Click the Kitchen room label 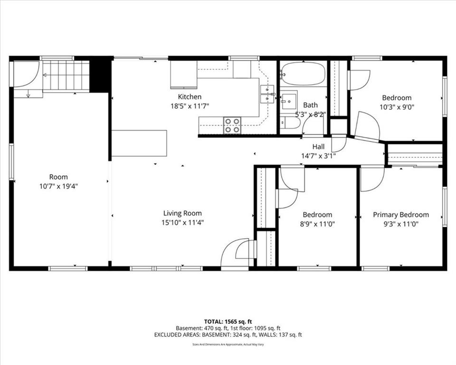pyautogui.click(x=190, y=96)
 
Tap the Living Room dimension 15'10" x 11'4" pyautogui.click(x=182, y=223)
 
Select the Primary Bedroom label pyautogui.click(x=401, y=215)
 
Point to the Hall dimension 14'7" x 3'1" pyautogui.click(x=318, y=156)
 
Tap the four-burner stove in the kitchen pyautogui.click(x=232, y=125)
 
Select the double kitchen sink pyautogui.click(x=267, y=94)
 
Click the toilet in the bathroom pyautogui.click(x=289, y=123)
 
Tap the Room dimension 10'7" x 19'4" pyautogui.click(x=58, y=186)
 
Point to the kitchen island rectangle pyautogui.click(x=139, y=143)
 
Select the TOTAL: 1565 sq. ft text pyautogui.click(x=228, y=322)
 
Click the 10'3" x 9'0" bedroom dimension pyautogui.click(x=397, y=107)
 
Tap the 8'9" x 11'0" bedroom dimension pyautogui.click(x=317, y=224)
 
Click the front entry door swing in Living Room pyautogui.click(x=235, y=253)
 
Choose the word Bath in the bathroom pyautogui.click(x=310, y=105)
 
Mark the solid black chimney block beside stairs pyautogui.click(x=101, y=75)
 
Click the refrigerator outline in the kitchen pyautogui.click(x=184, y=75)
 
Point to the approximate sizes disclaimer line pyautogui.click(x=228, y=345)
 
